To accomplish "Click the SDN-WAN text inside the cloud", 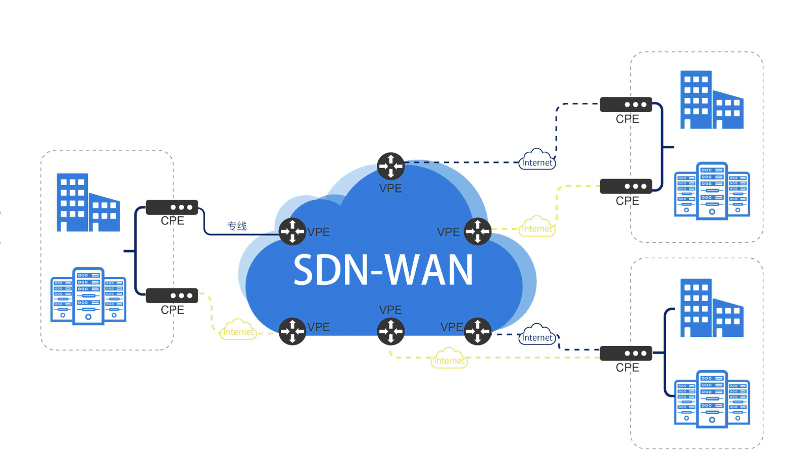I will click(383, 270).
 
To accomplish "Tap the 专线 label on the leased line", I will click(237, 226).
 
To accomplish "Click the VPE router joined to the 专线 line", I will click(292, 231).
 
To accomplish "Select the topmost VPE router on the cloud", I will click(390, 166).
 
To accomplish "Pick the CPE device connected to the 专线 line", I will click(172, 207).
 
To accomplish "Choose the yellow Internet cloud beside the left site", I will click(238, 330).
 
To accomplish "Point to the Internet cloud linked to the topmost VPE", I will click(537, 160).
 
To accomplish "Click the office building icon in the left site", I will click(88, 203).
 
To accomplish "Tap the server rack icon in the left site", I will click(88, 296).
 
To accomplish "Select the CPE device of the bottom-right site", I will click(626, 354).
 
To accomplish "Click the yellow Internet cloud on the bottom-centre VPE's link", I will click(449, 359).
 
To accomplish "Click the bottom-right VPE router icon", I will click(477, 331).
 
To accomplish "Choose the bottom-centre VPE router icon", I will click(390, 331).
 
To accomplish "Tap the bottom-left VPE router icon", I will click(292, 331).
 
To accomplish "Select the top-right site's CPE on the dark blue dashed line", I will click(626, 104).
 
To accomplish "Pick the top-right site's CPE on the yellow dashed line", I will click(626, 186).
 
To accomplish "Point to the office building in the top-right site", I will click(711, 100).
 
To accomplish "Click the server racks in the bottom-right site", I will click(712, 399).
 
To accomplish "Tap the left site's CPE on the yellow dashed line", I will click(172, 296).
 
